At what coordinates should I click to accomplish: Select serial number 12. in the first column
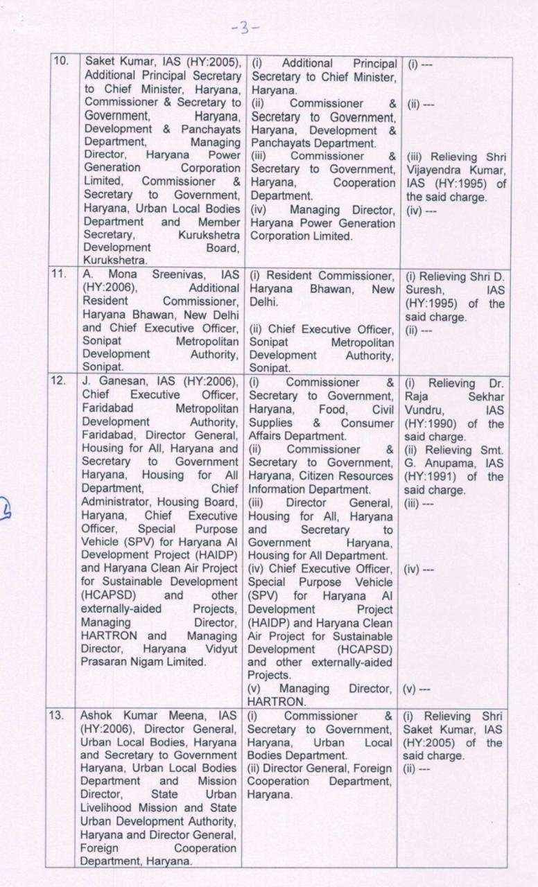pos(61,382)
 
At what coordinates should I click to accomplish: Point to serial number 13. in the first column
pos(61,716)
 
